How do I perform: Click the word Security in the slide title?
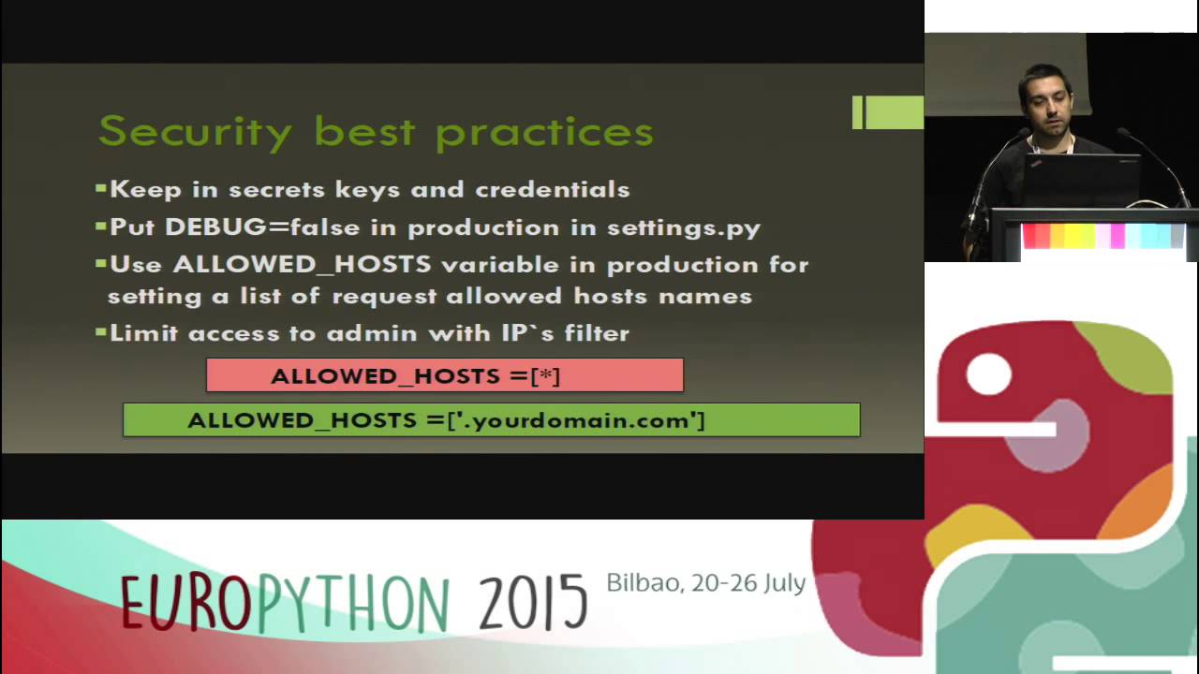[x=195, y=131]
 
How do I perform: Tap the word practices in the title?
[x=544, y=131]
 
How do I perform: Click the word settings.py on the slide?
[x=684, y=227]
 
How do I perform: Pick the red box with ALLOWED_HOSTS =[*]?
[x=445, y=375]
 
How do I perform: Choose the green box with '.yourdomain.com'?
[x=491, y=420]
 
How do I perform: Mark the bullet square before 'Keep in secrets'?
[x=101, y=188]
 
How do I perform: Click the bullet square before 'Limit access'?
[x=101, y=332]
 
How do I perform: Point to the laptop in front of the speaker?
[x=1081, y=180]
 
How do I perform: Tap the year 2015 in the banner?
[x=533, y=602]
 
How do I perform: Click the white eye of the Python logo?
[x=988, y=374]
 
